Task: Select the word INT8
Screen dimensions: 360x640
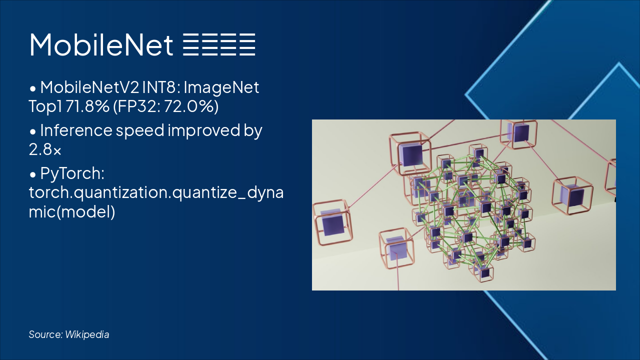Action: (161, 87)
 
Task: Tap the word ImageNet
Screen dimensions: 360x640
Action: (221, 87)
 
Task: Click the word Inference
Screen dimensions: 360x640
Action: (76, 130)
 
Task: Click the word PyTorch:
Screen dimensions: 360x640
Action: (72, 174)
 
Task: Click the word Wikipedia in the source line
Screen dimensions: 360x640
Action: (87, 334)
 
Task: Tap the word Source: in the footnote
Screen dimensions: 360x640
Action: (45, 334)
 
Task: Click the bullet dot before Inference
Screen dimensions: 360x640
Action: (33, 131)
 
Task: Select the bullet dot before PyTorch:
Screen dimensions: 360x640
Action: (33, 175)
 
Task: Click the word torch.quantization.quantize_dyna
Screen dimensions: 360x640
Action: (156, 192)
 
